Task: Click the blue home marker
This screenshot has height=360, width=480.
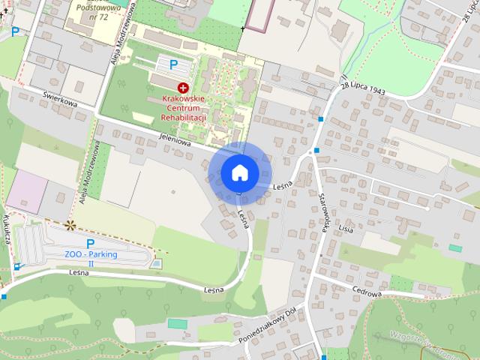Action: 239,172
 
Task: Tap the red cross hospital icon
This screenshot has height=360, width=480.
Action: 182,88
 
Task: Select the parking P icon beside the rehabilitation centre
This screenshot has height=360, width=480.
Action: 173,65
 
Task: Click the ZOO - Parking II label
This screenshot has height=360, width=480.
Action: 91,259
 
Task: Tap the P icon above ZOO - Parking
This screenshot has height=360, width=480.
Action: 90,244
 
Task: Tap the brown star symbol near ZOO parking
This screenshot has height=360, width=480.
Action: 70,224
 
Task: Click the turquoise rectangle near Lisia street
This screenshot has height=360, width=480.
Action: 455,247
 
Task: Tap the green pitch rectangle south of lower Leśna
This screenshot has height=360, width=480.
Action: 177,323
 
